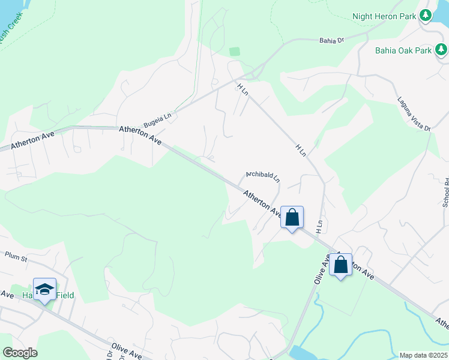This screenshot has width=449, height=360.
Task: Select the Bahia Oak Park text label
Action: [x=403, y=50]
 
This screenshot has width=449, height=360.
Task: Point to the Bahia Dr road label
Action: [x=330, y=40]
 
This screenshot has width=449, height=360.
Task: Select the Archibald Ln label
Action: [x=263, y=176]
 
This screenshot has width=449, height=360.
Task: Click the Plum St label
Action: [x=16, y=258]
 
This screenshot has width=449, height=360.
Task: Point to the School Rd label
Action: [x=445, y=192]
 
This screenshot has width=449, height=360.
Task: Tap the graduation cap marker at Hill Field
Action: [x=44, y=290]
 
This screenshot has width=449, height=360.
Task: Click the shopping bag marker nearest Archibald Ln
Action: [x=292, y=217]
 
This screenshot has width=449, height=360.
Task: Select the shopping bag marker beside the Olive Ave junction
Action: [x=340, y=264]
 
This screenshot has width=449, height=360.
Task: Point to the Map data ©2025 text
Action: [x=423, y=355]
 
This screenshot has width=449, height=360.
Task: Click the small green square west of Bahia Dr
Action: [x=234, y=52]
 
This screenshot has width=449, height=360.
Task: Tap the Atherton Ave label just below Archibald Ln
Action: [x=262, y=203]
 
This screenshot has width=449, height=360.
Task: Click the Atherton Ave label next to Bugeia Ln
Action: [x=140, y=134]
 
